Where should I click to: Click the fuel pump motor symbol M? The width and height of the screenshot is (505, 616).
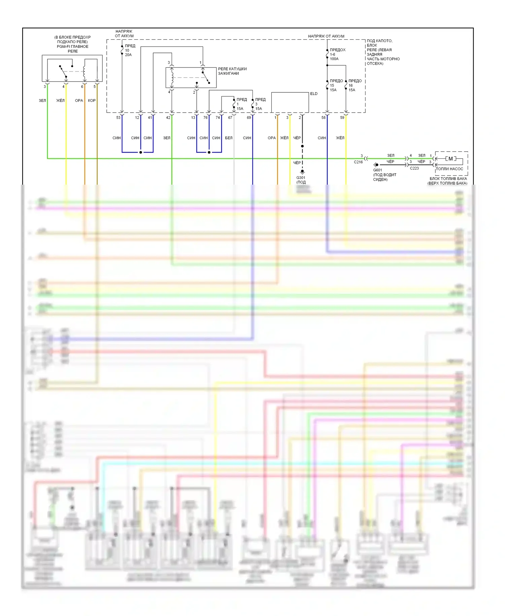pyautogui.click(x=450, y=159)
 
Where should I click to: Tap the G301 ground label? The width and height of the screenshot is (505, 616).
pyautogui.click(x=301, y=178)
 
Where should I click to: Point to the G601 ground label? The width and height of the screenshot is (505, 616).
pyautogui.click(x=377, y=170)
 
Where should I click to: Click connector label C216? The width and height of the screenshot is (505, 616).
pyautogui.click(x=358, y=162)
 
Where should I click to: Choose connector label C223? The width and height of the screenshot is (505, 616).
pyautogui.click(x=414, y=168)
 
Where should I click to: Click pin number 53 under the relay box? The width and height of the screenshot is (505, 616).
pyautogui.click(x=118, y=118)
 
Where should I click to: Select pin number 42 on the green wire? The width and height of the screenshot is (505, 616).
pyautogui.click(x=168, y=118)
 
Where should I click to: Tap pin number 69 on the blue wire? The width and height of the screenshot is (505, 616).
pyautogui.click(x=249, y=118)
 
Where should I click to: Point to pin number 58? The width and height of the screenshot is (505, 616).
pyautogui.click(x=323, y=118)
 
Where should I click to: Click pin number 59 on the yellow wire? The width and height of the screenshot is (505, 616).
pyautogui.click(x=342, y=118)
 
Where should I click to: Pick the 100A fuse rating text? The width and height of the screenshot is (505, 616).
pyautogui.click(x=334, y=59)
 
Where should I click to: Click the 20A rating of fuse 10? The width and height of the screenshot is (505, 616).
pyautogui.click(x=128, y=55)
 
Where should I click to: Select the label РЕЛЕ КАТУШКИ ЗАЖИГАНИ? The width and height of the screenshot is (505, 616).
pyautogui.click(x=232, y=71)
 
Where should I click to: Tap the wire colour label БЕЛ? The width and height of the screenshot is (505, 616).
pyautogui.click(x=229, y=138)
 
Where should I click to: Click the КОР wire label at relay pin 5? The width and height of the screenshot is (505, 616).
pyautogui.click(x=92, y=100)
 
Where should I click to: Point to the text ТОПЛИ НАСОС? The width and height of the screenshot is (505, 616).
pyautogui.click(x=449, y=169)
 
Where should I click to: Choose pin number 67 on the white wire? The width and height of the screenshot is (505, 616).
pyautogui.click(x=230, y=118)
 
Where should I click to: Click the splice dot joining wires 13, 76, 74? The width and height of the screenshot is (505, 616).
pyautogui.click(x=209, y=152)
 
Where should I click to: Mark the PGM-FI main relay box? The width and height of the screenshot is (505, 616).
pyautogui.click(x=72, y=68)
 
